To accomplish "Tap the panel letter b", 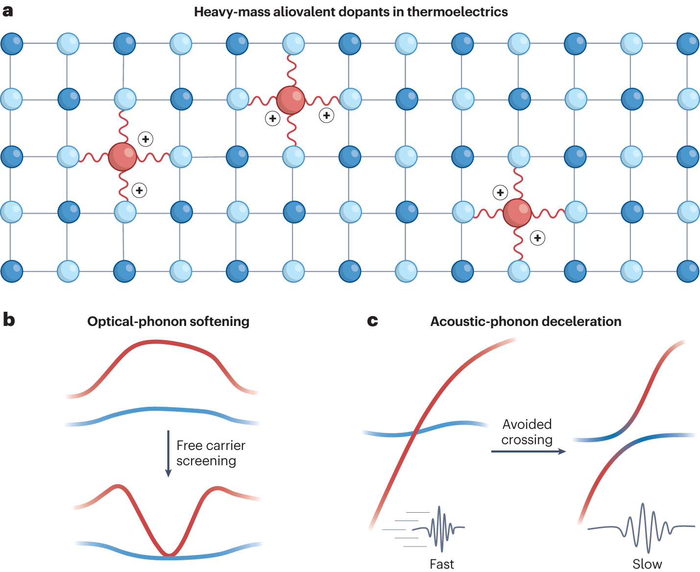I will [x=8, y=320].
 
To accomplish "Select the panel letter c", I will [x=372, y=321].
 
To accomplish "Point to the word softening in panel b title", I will [x=219, y=322].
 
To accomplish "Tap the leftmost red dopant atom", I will [x=122, y=156].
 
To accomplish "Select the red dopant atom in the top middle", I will [x=291, y=100].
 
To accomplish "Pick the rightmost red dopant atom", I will [x=517, y=213].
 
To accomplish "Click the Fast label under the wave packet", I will [x=441, y=564].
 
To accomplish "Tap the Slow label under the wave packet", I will [x=647, y=564].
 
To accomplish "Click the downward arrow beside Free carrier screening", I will [x=168, y=453].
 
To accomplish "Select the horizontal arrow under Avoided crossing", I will [x=528, y=451].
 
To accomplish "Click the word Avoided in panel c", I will [x=527, y=424].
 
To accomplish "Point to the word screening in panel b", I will [x=206, y=461].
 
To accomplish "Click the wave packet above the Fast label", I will [x=438, y=528].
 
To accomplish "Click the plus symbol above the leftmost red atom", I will [x=145, y=139].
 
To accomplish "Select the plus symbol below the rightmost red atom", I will [x=538, y=238].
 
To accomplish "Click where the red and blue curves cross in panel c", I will [x=415, y=433].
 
